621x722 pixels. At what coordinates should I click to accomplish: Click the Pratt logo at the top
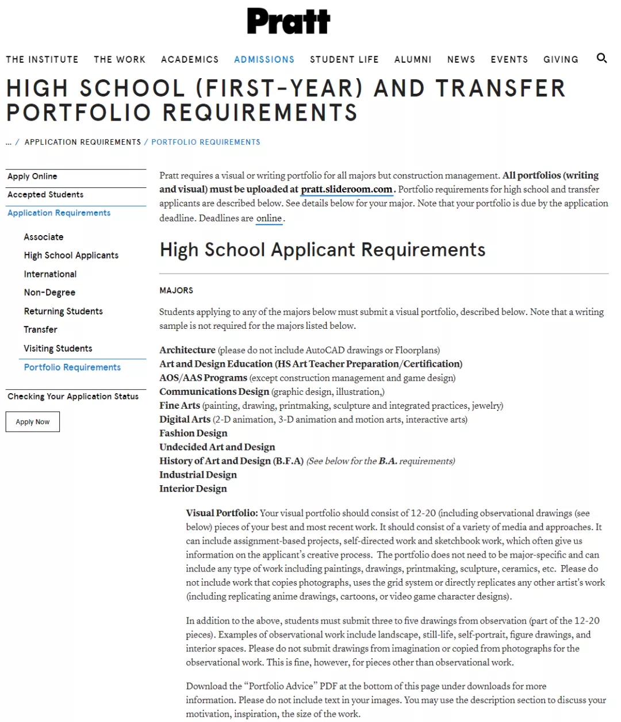pos(289,21)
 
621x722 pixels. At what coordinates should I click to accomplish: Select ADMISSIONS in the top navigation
pos(264,59)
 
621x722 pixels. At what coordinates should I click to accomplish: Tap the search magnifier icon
pos(601,58)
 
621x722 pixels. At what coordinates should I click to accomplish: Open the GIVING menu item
pos(561,59)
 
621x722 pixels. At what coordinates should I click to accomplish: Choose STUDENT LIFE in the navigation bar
pos(344,59)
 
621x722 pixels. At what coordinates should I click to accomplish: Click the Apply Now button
pos(33,422)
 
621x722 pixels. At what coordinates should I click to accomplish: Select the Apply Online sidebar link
pos(32,176)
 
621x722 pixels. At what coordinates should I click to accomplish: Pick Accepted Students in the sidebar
pos(45,195)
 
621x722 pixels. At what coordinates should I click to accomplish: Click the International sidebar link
pos(50,274)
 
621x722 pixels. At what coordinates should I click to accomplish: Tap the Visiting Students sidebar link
pos(58,348)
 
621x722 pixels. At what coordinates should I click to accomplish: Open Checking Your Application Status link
pos(73,397)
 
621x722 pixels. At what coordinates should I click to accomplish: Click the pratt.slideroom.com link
pos(346,189)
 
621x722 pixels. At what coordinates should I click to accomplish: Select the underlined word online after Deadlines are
pos(269,218)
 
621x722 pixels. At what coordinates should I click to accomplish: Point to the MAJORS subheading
pos(176,290)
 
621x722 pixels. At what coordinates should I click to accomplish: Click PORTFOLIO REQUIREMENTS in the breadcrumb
pos(206,142)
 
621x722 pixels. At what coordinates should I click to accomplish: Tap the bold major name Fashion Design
pos(193,433)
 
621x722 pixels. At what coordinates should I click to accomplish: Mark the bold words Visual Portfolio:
pos(221,513)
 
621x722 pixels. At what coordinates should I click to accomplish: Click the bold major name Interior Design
pos(193,488)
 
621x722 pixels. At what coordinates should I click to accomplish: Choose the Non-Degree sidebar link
pos(49,293)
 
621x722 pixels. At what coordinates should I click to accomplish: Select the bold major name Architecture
pos(187,350)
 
